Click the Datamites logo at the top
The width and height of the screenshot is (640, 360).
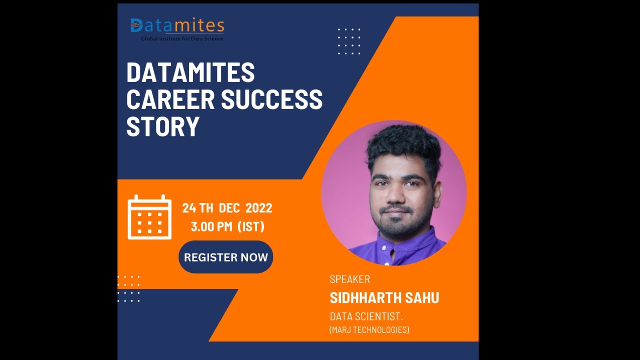(177, 25)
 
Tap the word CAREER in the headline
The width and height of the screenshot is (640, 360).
(170, 99)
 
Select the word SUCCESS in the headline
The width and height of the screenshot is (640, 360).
(272, 99)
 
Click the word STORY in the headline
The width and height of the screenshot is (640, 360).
(162, 126)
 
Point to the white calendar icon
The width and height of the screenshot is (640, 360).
(149, 217)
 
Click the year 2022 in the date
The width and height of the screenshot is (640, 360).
(258, 208)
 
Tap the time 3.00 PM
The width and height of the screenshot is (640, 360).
(211, 226)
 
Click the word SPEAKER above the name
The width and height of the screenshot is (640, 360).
(349, 279)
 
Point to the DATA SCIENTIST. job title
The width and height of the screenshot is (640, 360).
(366, 316)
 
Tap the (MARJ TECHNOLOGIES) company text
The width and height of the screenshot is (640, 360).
(369, 330)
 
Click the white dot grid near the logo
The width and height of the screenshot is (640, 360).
(349, 41)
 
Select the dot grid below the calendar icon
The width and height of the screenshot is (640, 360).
(129, 289)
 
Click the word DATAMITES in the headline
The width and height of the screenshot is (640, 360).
(190, 73)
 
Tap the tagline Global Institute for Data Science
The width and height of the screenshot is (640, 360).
(182, 38)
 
